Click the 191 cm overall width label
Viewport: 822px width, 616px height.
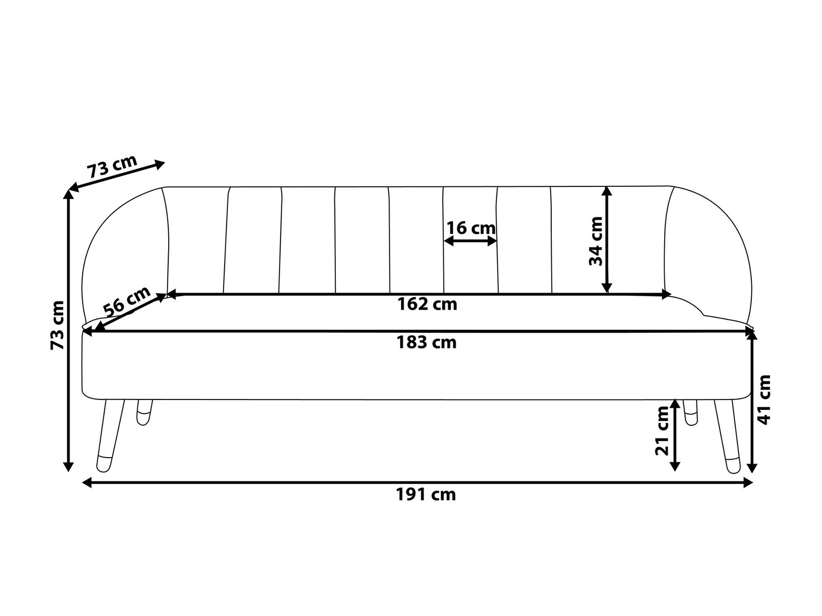(426, 494)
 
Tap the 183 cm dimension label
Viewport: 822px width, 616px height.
(426, 343)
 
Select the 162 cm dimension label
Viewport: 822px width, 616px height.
(427, 304)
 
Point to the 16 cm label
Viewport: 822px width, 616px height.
(471, 227)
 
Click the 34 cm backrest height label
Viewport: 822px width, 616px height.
(596, 241)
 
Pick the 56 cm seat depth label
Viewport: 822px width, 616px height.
(127, 300)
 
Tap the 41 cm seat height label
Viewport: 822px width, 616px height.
(764, 399)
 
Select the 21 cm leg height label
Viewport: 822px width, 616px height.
(663, 431)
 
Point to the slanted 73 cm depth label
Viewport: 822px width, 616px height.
(112, 166)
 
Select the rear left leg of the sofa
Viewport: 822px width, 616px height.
(144, 412)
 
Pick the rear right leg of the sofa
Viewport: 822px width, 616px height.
(691, 411)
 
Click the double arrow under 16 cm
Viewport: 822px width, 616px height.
(471, 241)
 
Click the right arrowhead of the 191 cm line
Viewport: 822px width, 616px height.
(749, 482)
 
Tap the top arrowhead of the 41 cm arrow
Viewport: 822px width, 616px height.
(753, 337)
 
